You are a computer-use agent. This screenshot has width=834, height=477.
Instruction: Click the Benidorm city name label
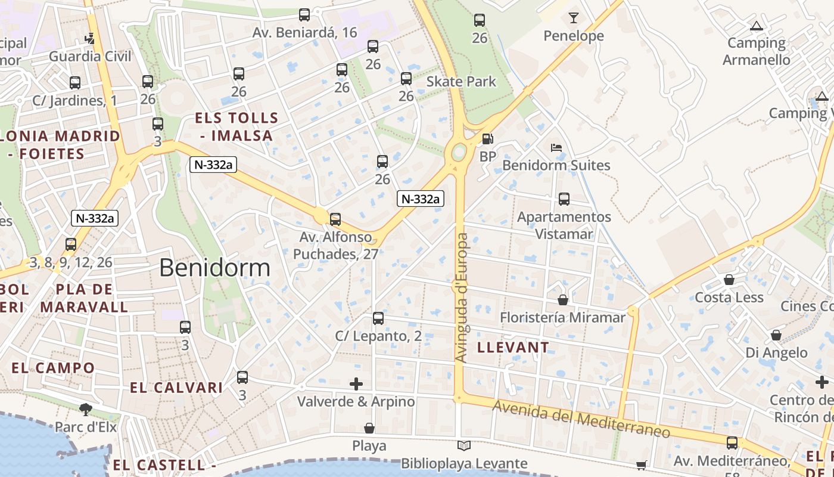[x=214, y=268]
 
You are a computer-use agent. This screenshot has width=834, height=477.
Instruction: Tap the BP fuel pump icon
[x=487, y=139]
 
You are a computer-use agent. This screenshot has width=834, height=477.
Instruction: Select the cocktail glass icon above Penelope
[x=573, y=18]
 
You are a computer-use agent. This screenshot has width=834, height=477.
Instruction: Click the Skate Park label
[x=461, y=81]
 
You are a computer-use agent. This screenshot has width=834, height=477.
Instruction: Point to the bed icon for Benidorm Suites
[x=556, y=147]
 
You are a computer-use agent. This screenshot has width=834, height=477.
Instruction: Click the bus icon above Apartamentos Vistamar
[x=564, y=199]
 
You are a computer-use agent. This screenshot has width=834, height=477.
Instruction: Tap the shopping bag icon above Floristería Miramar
[x=563, y=300]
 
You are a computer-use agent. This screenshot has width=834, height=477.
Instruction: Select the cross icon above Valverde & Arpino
[x=356, y=384]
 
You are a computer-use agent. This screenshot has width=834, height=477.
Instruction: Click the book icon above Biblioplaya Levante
[x=464, y=445]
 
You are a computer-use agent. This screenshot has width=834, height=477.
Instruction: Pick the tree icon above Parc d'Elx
[x=86, y=409]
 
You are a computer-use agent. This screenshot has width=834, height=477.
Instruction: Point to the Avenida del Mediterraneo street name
[x=581, y=419]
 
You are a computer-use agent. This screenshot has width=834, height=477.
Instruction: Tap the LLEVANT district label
[x=513, y=347]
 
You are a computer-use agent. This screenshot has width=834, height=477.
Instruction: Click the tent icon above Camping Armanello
[x=757, y=26]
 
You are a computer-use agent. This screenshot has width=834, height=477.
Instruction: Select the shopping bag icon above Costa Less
[x=729, y=280]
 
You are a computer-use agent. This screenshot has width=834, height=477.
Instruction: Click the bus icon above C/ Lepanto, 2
[x=378, y=318]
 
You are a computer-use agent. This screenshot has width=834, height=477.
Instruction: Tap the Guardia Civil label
[x=90, y=57]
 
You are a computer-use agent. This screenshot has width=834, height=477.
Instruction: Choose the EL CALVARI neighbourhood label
[x=168, y=388]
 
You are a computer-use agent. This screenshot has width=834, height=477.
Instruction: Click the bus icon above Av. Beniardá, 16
[x=304, y=15]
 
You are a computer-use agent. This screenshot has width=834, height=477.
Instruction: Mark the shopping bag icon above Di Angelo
[x=776, y=335]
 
